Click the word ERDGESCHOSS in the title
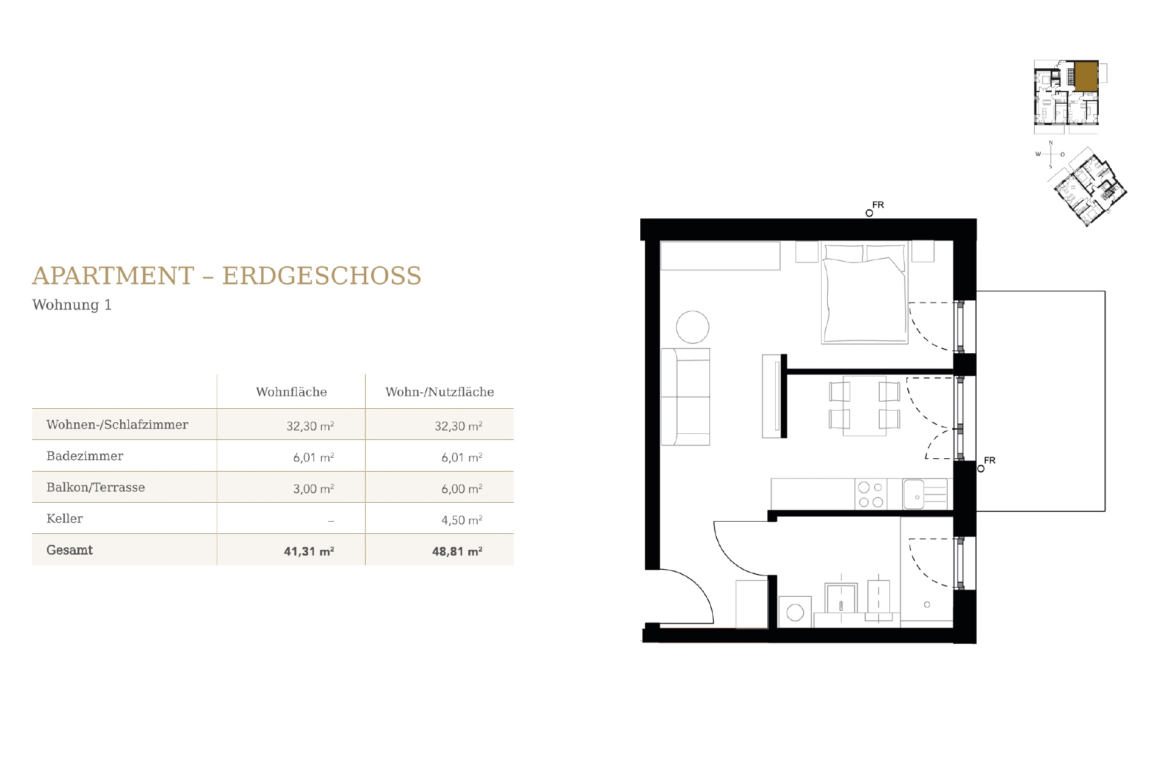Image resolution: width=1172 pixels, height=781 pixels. click(322, 276)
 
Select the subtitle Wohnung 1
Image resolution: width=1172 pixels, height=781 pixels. click(72, 305)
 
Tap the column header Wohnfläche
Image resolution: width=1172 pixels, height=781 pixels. click(291, 392)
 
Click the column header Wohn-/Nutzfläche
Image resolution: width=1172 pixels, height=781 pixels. click(440, 392)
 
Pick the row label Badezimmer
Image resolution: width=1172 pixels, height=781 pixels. click(85, 456)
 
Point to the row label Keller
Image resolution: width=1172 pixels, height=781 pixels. click(65, 519)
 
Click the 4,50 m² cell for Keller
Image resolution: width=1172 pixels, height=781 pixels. click(461, 520)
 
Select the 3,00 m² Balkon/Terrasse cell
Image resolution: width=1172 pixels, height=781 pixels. click(313, 489)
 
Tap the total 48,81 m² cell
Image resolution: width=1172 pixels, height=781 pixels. click(457, 551)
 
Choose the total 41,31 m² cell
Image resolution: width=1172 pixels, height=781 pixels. click(308, 551)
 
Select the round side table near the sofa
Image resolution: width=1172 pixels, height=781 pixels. click(692, 327)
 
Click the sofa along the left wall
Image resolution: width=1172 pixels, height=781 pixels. click(686, 397)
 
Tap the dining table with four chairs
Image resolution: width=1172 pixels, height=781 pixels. click(864, 405)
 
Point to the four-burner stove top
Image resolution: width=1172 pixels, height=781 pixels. click(871, 495)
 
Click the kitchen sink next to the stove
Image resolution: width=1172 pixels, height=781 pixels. click(914, 494)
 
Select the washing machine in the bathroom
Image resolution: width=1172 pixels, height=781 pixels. click(795, 612)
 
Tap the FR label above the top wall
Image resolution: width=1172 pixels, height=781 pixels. click(878, 205)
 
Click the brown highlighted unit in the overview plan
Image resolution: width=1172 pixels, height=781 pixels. click(1086, 76)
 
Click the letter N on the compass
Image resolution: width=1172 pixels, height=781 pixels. click(1051, 143)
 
